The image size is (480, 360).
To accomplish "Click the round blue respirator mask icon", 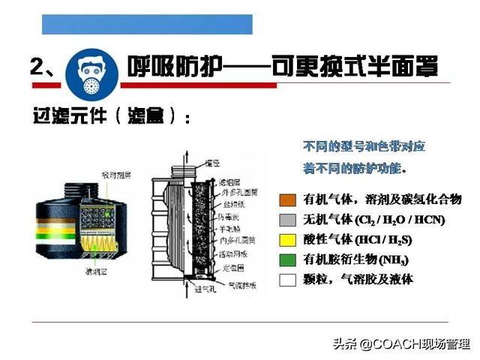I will [91, 67].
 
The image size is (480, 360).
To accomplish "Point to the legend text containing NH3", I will [356, 259].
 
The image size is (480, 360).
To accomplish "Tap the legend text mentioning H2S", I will [358, 240].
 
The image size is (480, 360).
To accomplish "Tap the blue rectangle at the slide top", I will [147, 24].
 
